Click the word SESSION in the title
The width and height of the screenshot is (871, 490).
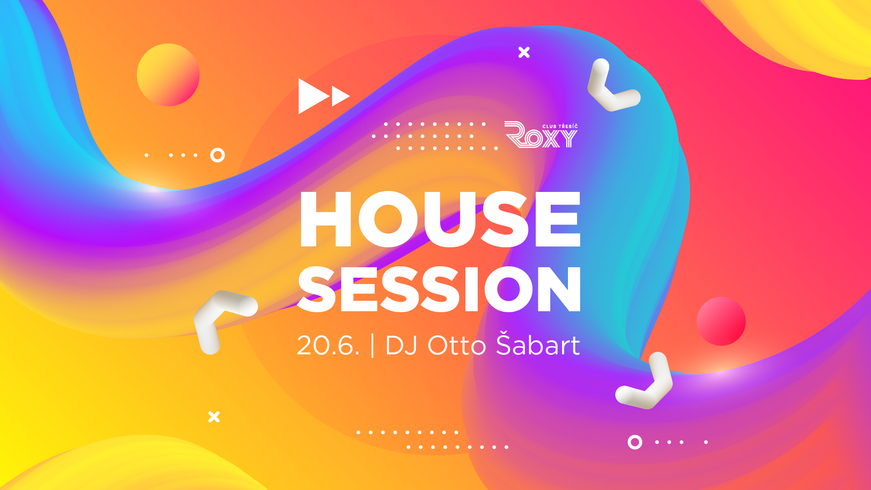pos(439,289)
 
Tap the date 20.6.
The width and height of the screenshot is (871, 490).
pos(328,346)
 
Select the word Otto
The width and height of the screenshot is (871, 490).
pos(457,346)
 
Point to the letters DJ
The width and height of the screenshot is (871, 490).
pos(401,346)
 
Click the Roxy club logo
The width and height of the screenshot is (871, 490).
pos(541,134)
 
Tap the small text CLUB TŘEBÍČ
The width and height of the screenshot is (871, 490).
pos(560,126)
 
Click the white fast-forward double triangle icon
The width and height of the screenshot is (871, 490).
pos(324,96)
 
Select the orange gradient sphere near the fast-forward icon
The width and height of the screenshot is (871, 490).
pos(168,75)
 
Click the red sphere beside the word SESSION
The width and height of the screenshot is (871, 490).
pos(721,321)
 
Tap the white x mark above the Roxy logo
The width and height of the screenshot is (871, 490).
pos(524,52)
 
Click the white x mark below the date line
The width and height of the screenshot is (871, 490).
pos(214,416)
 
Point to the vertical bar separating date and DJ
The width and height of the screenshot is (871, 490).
pos(373,346)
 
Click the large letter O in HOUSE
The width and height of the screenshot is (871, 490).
pos(389,219)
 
